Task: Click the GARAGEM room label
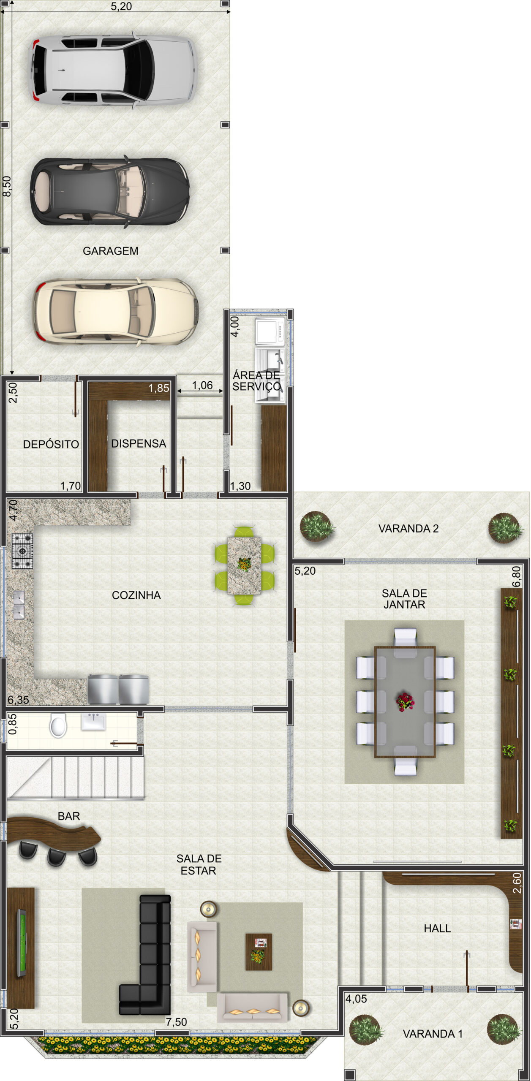coord(110,251)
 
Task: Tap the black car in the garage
coord(110,192)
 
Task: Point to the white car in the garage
coord(113,70)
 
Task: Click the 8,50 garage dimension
coord(7,186)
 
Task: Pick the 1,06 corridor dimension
coord(202,385)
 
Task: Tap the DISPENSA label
coord(139,443)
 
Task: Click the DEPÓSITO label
coord(51,444)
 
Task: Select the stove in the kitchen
coord(22,551)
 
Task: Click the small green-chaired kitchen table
coord(244,565)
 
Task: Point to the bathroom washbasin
coord(93,721)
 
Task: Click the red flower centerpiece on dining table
coord(405,702)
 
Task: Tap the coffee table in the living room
coord(259,952)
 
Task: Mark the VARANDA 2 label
coord(408,528)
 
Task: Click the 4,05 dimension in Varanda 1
coord(356,999)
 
